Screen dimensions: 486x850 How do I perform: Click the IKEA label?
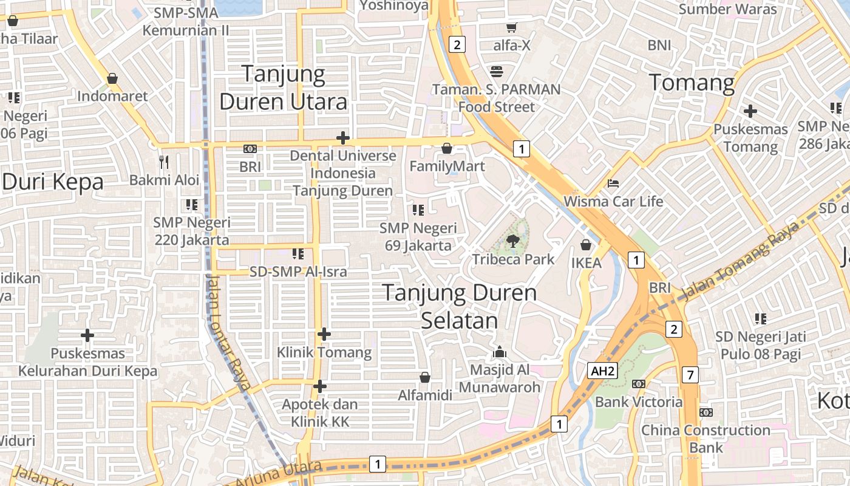coord(586,263)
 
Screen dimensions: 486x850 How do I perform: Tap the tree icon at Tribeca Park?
coord(513,241)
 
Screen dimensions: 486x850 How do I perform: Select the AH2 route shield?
coord(602,371)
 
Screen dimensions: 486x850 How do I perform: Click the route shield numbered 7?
coord(690,375)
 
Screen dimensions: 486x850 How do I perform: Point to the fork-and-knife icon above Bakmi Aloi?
coord(163,162)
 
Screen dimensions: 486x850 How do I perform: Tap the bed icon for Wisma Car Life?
coord(613,183)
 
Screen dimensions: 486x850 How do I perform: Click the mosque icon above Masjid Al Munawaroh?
coord(500,352)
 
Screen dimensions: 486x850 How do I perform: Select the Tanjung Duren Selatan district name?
coord(460,307)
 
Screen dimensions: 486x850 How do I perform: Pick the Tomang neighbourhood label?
coord(692,82)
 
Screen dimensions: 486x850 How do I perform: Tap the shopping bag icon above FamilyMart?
coord(447,148)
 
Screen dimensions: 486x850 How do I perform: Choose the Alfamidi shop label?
coord(425,395)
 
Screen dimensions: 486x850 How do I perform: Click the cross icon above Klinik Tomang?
coord(324,334)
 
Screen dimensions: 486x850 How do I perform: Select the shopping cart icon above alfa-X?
coord(511,27)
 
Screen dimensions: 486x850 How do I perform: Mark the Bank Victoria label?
coord(639,402)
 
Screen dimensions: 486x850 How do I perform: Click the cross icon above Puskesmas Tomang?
coord(750,111)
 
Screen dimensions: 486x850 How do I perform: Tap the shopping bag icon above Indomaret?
coord(112,78)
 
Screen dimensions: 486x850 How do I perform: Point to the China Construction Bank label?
coord(705,439)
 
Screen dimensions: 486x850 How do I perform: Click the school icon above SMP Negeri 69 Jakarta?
coord(418,210)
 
